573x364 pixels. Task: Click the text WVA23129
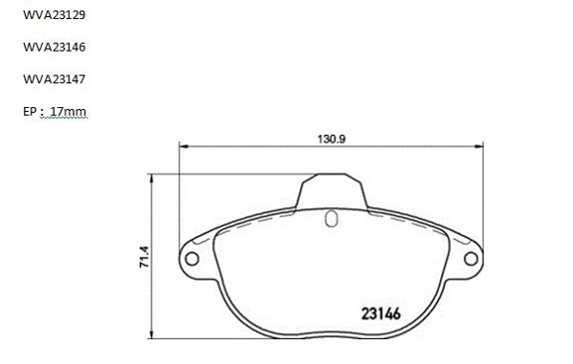pos(55,14)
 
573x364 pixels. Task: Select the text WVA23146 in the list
pos(55,47)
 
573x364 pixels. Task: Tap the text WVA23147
pos(55,79)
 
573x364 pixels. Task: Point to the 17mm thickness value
pos(68,111)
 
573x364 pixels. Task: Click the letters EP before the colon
pos(30,111)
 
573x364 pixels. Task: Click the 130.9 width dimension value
pos(331,139)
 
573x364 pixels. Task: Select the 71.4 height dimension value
pos(144,257)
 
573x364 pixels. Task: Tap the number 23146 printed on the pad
pos(381,313)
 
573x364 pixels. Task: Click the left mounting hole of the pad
pos(192,259)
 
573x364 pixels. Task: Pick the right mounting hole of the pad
pos(471,259)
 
